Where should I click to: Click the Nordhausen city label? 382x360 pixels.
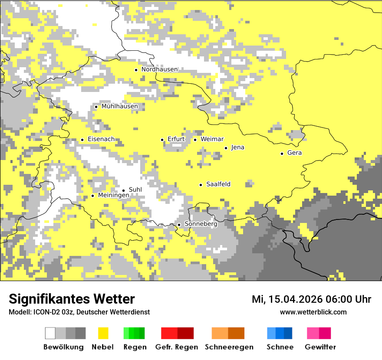click(159, 69)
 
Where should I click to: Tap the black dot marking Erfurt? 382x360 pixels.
click(162, 140)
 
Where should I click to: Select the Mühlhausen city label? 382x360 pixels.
click(119, 106)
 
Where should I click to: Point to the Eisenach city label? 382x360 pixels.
click(101, 139)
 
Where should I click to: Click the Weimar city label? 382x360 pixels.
click(212, 139)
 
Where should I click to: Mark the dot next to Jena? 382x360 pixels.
click(226, 148)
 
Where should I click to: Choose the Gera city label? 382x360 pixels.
click(294, 153)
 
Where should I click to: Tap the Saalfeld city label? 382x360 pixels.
click(218, 184)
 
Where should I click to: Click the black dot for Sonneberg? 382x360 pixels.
click(179, 225)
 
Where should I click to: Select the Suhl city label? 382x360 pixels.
click(135, 190)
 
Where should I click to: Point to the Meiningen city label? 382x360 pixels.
click(113, 196)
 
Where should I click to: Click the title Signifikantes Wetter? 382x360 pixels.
click(72, 299)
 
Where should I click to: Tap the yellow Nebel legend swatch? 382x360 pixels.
click(103, 333)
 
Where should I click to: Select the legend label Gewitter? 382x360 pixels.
click(320, 347)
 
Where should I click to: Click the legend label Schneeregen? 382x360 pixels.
click(229, 347)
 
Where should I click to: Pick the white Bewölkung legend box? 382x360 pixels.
click(50, 333)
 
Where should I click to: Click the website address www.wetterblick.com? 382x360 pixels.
click(313, 312)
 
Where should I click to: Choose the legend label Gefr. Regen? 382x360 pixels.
click(177, 347)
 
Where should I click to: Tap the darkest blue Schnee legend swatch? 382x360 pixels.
click(288, 333)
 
